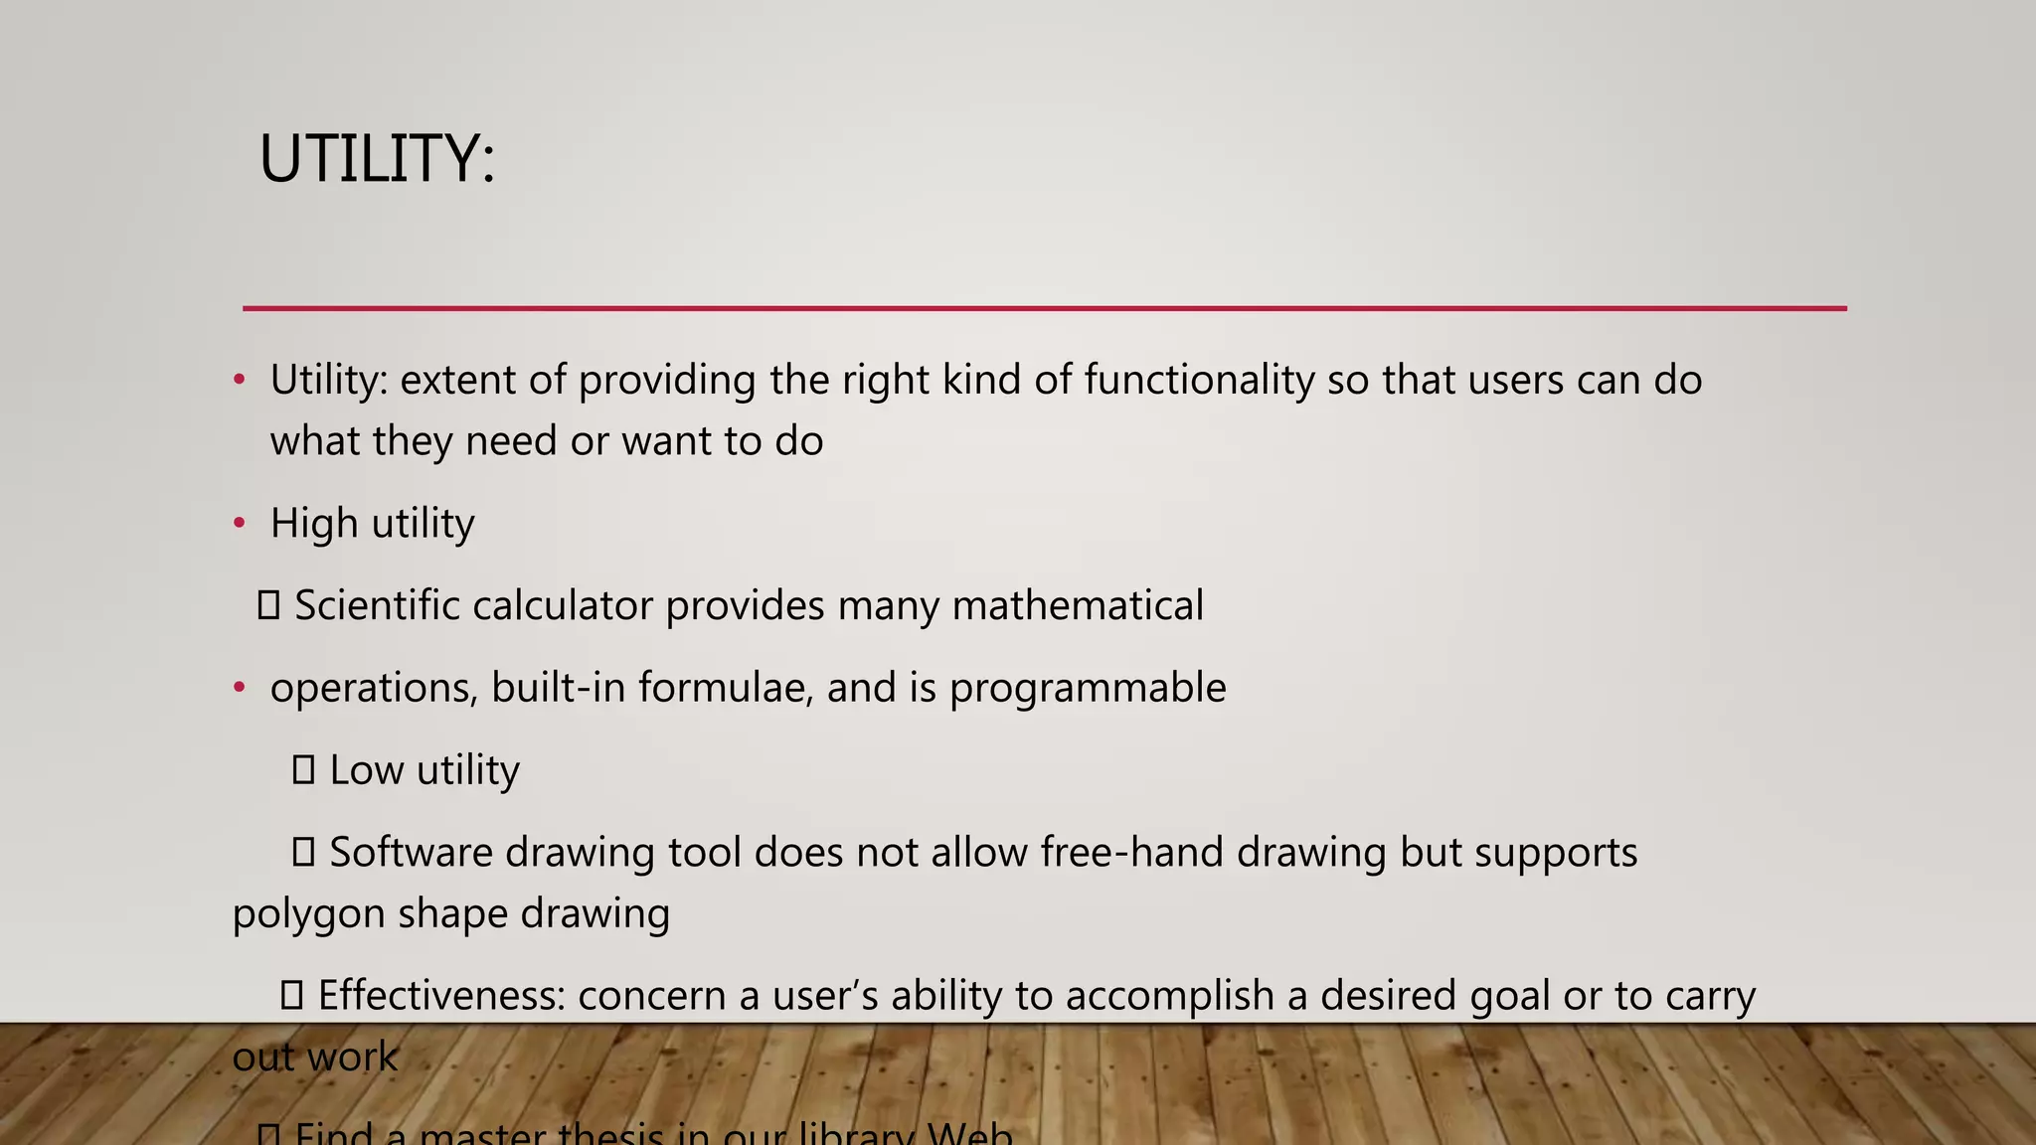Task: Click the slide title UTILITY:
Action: (x=377, y=159)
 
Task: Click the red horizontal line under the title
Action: (x=1044, y=308)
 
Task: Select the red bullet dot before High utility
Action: (x=239, y=523)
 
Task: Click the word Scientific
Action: (x=375, y=605)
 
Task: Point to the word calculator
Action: (x=562, y=605)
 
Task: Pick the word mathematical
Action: (x=1078, y=605)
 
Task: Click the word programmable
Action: (x=1088, y=688)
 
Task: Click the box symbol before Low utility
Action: (x=303, y=769)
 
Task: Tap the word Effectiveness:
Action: (x=440, y=995)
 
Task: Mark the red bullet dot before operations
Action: (x=239, y=688)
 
